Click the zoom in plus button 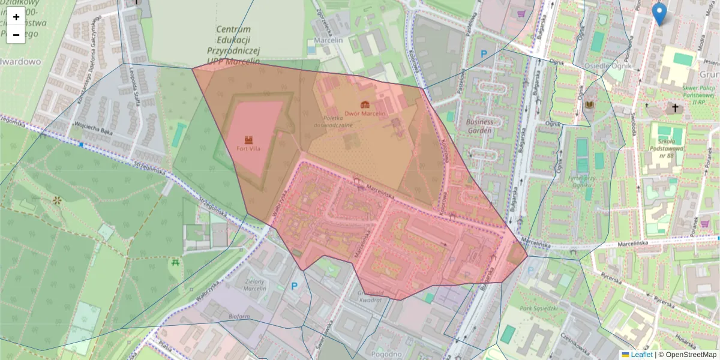[x=16, y=17]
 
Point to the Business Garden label [x=479, y=125]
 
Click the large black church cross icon [x=676, y=109]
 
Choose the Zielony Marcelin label [x=255, y=284]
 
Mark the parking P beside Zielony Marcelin [x=295, y=287]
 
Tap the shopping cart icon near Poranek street [x=704, y=224]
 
